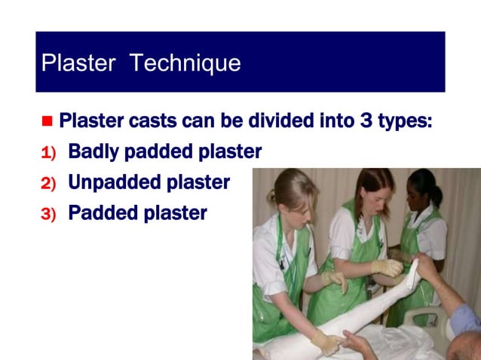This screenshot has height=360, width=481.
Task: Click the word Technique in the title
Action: point(185,63)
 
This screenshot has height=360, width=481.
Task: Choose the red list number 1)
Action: point(48,153)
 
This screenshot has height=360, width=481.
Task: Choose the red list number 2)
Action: point(48,183)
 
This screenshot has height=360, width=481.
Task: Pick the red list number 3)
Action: point(48,214)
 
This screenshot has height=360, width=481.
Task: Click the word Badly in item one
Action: point(94,152)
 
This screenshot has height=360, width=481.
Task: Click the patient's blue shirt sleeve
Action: point(464,320)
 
